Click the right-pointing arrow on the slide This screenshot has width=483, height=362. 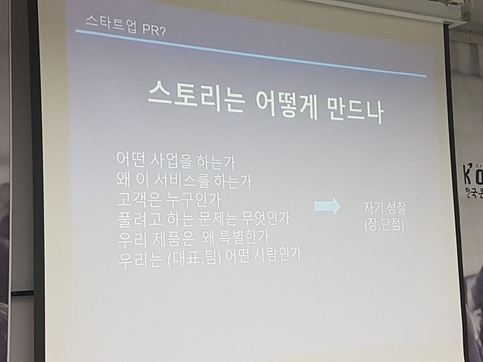328,206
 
